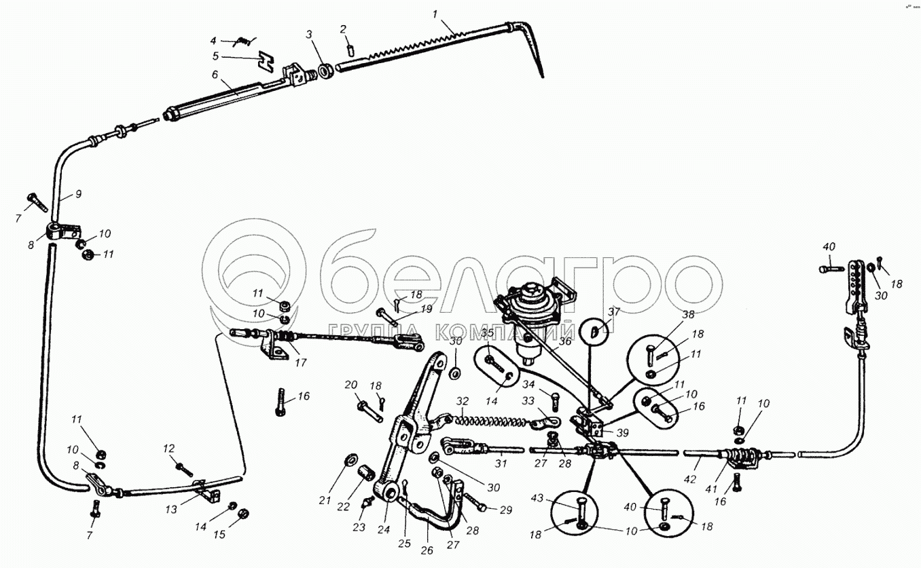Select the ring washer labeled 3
[325, 69]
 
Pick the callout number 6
[215, 75]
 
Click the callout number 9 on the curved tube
[78, 194]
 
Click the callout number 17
[300, 363]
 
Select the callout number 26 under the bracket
[426, 550]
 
